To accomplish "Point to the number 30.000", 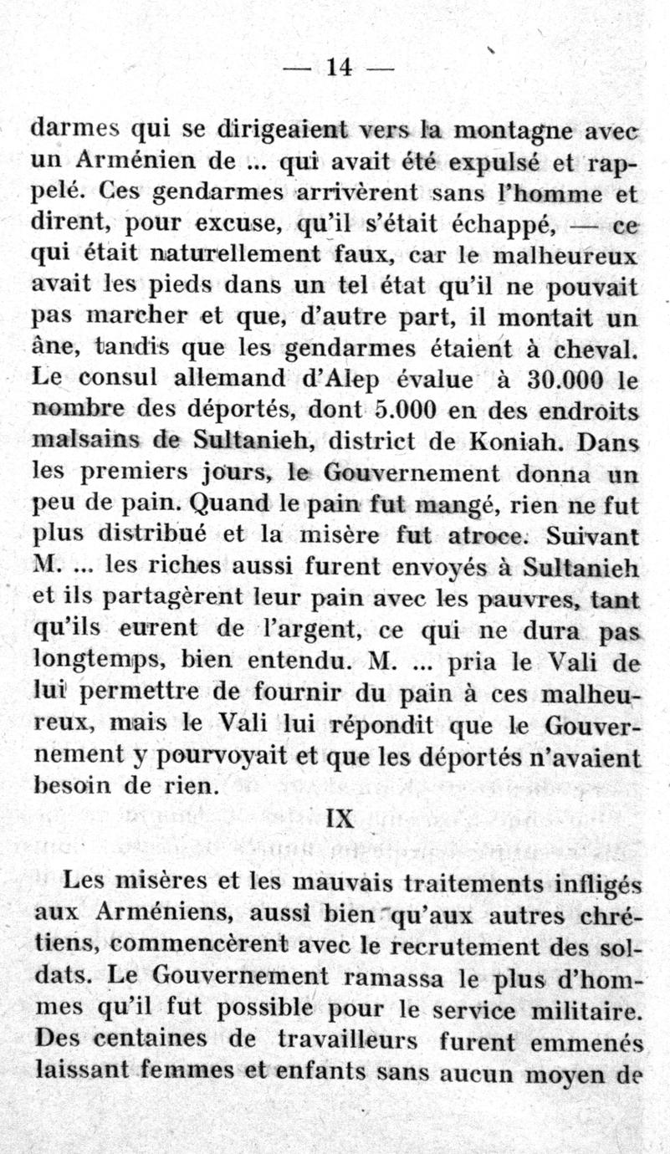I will [566, 378].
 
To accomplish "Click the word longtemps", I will [96, 661].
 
